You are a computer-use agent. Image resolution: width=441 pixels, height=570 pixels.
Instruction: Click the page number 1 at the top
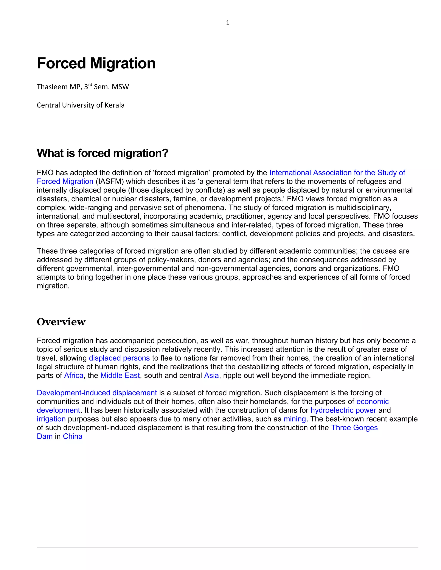click(x=228, y=23)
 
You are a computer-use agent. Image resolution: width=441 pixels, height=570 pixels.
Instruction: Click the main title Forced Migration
click(x=96, y=63)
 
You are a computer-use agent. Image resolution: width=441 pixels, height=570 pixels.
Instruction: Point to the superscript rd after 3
click(x=90, y=85)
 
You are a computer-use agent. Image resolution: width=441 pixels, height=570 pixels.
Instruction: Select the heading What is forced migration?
click(x=102, y=153)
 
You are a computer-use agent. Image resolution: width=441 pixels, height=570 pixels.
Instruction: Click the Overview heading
click(x=61, y=322)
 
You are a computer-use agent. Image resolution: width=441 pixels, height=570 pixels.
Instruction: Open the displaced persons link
click(x=119, y=358)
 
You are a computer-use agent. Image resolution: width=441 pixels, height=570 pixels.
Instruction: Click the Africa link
click(x=74, y=376)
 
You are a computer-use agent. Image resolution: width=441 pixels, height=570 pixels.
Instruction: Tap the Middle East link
click(x=120, y=376)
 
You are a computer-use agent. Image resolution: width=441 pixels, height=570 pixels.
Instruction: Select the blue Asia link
click(x=211, y=376)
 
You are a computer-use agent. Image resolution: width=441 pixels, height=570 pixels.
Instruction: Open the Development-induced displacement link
click(x=97, y=393)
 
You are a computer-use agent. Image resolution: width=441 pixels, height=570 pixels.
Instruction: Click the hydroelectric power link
click(x=343, y=410)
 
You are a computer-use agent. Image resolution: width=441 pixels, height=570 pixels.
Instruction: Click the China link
click(x=73, y=436)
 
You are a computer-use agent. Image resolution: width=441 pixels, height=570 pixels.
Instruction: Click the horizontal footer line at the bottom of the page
click(x=227, y=548)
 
